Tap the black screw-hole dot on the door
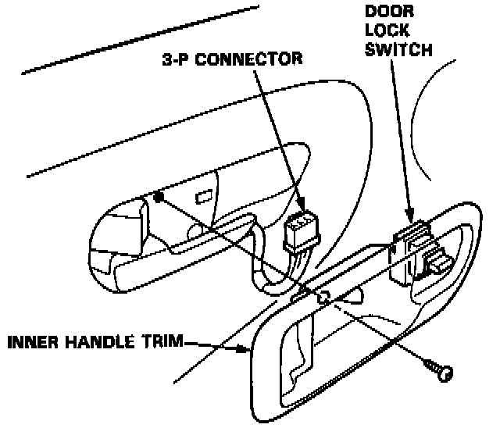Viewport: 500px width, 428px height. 159,198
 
